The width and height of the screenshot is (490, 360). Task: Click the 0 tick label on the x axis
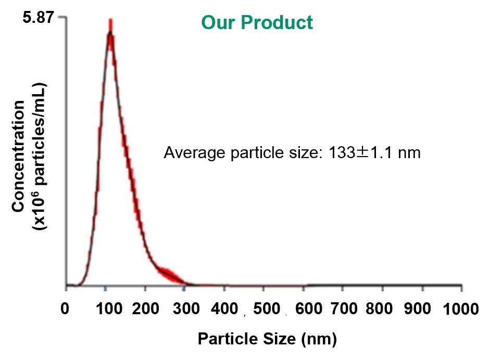[x=66, y=309]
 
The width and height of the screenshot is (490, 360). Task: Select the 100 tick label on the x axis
[x=106, y=309]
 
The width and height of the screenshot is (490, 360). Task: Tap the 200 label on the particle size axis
[x=145, y=309]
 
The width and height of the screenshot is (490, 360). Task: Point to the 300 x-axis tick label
[x=185, y=309]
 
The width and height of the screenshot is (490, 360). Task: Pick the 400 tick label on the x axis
[x=224, y=309]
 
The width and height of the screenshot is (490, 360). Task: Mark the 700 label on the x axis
[x=346, y=309]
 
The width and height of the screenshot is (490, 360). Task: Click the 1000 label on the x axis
[x=462, y=309]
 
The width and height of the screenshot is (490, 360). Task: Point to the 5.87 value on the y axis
[x=36, y=18]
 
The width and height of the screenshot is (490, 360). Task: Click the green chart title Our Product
[x=257, y=22]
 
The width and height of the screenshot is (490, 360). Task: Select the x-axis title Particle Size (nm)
[x=268, y=340]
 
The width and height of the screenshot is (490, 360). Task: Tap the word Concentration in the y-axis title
[x=19, y=156]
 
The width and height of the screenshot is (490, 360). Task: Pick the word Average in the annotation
[x=189, y=153]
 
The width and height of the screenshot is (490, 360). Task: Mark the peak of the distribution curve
[x=110, y=33]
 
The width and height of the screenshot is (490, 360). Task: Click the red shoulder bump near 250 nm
[x=169, y=274]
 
